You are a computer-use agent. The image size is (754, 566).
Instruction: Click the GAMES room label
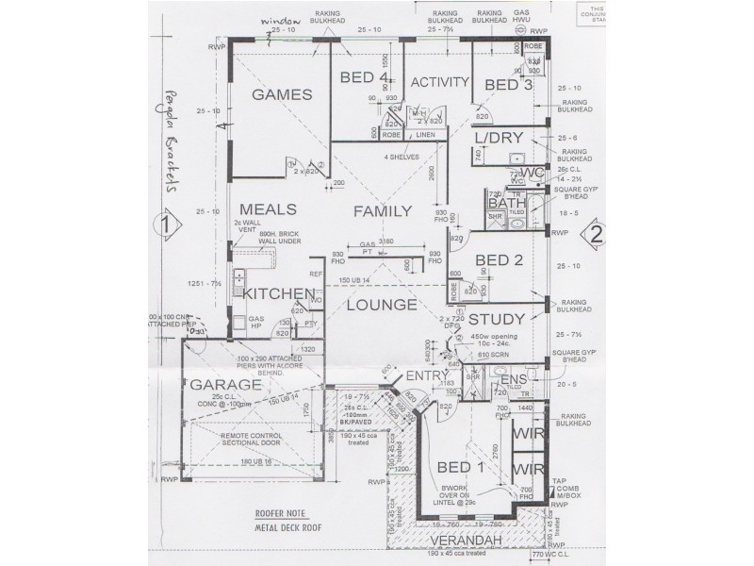click(282, 94)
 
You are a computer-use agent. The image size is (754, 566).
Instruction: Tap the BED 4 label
click(364, 78)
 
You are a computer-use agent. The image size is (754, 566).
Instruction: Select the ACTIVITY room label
click(439, 82)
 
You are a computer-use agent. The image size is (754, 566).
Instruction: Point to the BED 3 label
click(509, 86)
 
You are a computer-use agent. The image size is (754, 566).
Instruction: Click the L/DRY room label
click(499, 138)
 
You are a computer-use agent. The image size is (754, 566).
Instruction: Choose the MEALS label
click(269, 209)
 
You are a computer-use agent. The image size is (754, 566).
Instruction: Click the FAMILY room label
click(383, 212)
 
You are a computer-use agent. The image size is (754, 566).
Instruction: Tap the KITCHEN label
click(278, 293)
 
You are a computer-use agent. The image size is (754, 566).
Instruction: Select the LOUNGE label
click(381, 305)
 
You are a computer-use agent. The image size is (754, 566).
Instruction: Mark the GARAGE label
click(225, 385)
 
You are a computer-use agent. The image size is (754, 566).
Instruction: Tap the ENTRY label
click(425, 376)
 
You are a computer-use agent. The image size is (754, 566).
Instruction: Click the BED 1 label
click(461, 469)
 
